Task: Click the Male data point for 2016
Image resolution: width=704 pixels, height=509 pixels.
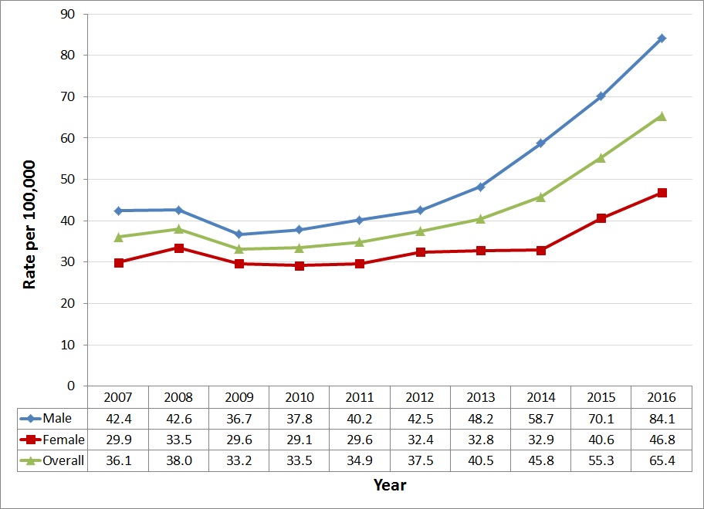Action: click(662, 39)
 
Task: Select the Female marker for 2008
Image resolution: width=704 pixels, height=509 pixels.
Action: click(179, 248)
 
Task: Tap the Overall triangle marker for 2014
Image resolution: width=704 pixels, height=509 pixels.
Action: click(541, 197)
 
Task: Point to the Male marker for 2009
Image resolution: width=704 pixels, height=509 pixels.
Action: click(239, 234)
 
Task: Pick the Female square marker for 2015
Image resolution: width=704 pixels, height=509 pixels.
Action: click(601, 218)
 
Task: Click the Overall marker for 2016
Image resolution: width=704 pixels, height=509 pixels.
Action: click(662, 116)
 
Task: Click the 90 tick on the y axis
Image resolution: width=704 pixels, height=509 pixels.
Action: click(71, 15)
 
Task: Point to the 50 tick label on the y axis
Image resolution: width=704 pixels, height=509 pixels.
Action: click(71, 180)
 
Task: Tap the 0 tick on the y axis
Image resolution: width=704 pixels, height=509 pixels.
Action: click(75, 386)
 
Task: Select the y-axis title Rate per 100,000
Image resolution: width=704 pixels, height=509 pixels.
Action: click(30, 224)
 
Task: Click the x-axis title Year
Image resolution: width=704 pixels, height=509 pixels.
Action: click(390, 485)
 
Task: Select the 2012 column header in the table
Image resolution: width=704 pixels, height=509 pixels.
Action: click(420, 398)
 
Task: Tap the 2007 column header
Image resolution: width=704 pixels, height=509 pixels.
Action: click(119, 398)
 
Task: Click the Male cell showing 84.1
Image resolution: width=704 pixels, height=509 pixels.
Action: click(662, 419)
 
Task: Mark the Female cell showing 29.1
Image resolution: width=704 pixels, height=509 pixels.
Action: click(300, 440)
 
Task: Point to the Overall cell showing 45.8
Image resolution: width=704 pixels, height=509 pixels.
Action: click(541, 460)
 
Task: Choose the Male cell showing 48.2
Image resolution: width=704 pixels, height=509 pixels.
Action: click(480, 419)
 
